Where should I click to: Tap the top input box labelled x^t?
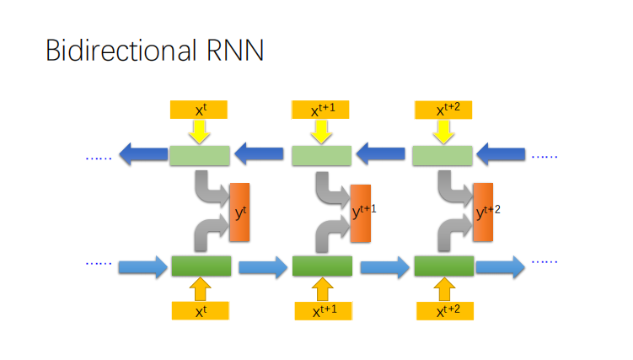click(200, 110)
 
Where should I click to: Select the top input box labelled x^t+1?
click(321, 110)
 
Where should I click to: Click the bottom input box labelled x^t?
click(200, 310)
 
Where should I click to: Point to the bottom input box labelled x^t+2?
click(444, 310)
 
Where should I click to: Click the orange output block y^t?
click(239, 212)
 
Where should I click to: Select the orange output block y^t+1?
click(361, 212)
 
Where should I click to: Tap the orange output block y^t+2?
click(483, 212)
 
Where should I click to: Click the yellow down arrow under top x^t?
click(200, 131)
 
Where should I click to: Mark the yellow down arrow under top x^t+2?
click(443, 131)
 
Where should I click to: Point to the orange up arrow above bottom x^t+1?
click(322, 289)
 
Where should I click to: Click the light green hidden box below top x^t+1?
click(321, 155)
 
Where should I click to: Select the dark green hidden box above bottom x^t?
click(201, 266)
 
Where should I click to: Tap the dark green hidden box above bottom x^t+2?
click(443, 266)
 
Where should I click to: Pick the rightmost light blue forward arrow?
click(502, 266)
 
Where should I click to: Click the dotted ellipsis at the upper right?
click(544, 155)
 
